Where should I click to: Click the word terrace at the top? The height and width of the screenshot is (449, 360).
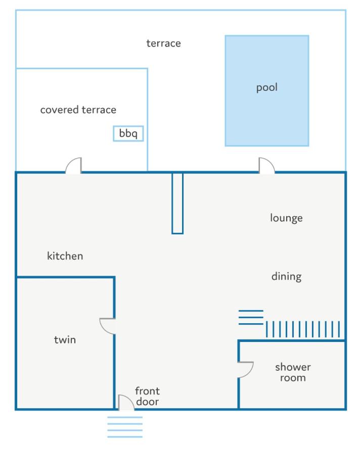click(164, 43)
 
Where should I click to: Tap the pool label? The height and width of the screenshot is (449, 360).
click(267, 87)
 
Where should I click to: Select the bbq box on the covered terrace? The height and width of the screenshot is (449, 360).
click(128, 133)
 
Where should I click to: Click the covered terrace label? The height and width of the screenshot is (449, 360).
click(78, 110)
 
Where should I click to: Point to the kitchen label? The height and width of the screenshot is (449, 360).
click(65, 256)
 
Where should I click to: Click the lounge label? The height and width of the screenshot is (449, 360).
click(286, 218)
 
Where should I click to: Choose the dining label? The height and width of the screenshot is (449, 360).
click(286, 277)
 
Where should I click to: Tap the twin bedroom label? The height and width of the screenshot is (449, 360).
click(65, 340)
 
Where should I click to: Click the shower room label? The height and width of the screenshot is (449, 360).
click(293, 372)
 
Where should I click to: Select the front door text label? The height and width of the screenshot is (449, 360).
click(147, 396)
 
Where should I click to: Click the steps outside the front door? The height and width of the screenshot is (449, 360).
click(125, 427)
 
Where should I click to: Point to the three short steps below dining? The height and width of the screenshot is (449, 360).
click(251, 317)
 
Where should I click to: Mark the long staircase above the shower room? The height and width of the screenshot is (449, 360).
click(303, 329)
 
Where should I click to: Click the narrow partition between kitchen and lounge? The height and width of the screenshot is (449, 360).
click(177, 203)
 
